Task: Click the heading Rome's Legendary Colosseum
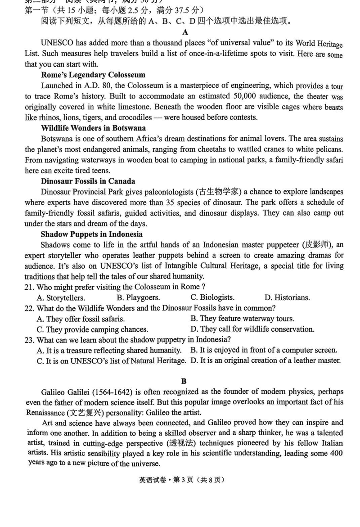[93, 75]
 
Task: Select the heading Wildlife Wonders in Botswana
[93, 128]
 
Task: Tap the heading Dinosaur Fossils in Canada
[88, 181]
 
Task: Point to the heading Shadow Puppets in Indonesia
[91, 234]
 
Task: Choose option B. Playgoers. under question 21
[138, 297]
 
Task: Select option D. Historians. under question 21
[287, 297]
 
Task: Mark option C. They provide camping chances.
[92, 329]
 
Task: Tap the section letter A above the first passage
[185, 32]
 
